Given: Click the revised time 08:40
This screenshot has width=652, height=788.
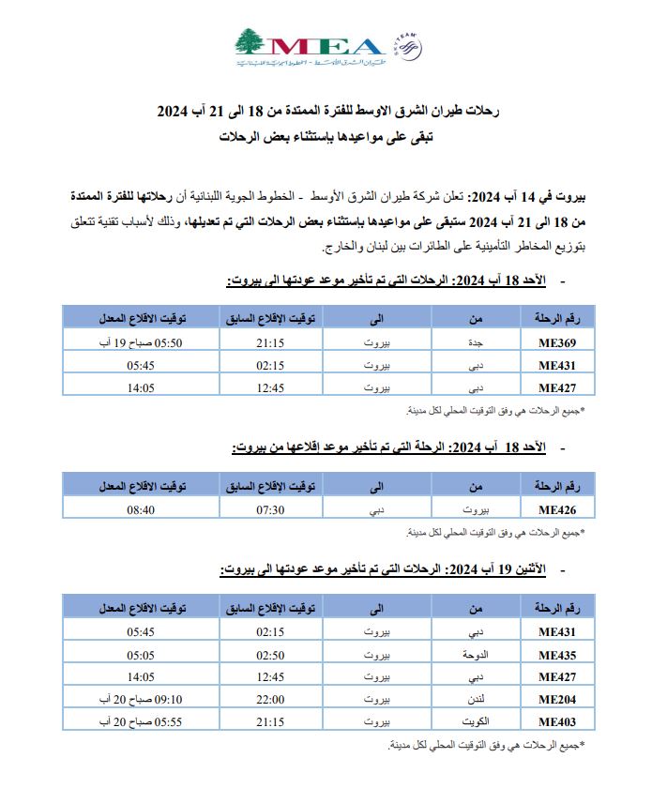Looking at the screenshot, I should (x=141, y=510).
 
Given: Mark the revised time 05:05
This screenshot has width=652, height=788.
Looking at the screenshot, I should (x=141, y=655).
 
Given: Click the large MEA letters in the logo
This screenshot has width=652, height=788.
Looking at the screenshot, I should (x=324, y=47).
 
